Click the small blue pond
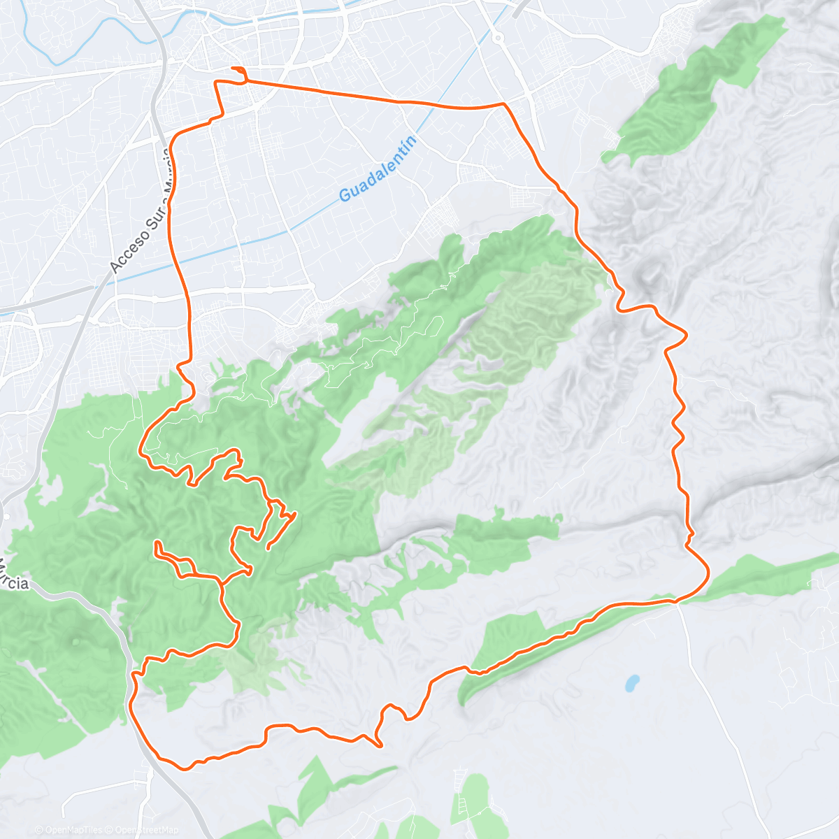pyautogui.click(x=632, y=682)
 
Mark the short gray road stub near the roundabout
pyautogui.click(x=521, y=7)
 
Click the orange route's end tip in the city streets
pyautogui.click(x=232, y=68)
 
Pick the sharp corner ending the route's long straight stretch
pyautogui.click(x=503, y=104)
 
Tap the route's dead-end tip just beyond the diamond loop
pyautogui.click(x=296, y=514)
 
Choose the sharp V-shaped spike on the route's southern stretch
pyautogui.click(x=380, y=745)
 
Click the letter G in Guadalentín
pyautogui.click(x=345, y=196)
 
